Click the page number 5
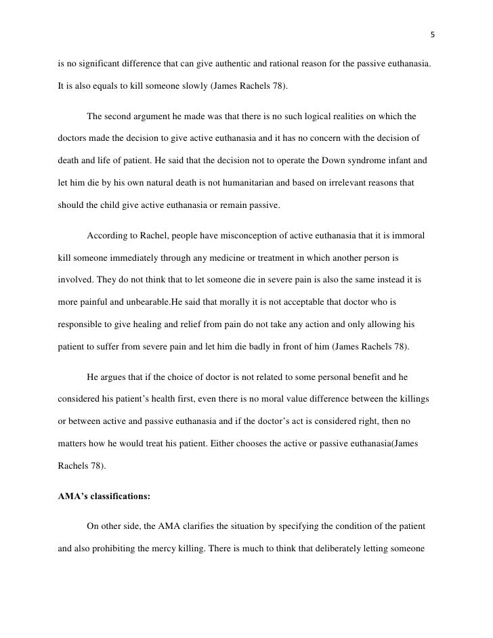pyautogui.click(x=433, y=36)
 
